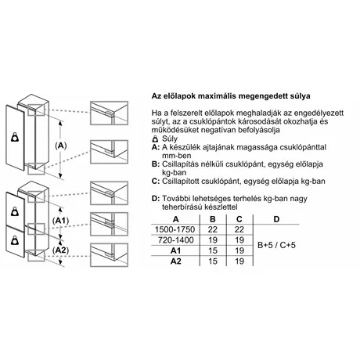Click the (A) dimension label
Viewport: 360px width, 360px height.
click(61, 146)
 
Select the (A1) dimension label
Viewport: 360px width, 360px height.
click(60, 221)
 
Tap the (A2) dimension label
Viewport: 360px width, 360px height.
click(60, 250)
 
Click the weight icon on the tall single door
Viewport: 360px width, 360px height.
click(15, 137)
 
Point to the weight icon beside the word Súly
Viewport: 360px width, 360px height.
click(156, 139)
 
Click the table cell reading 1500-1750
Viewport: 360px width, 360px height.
click(175, 229)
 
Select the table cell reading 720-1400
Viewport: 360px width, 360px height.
click(176, 240)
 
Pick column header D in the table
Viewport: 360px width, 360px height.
click(276, 219)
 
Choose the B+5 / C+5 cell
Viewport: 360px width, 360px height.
click(276, 245)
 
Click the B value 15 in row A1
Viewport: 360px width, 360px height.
click(213, 250)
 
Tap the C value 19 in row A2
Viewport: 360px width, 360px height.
click(239, 261)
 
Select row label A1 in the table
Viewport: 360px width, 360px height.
click(175, 250)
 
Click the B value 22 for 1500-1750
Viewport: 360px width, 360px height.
click(213, 229)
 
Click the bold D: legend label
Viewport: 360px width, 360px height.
click(156, 199)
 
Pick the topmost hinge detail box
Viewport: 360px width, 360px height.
click(109, 113)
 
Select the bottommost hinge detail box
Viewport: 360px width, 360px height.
click(109, 255)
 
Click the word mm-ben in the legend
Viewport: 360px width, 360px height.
click(177, 156)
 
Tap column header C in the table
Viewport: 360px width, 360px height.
click(239, 219)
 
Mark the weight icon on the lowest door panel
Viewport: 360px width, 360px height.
click(15, 240)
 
